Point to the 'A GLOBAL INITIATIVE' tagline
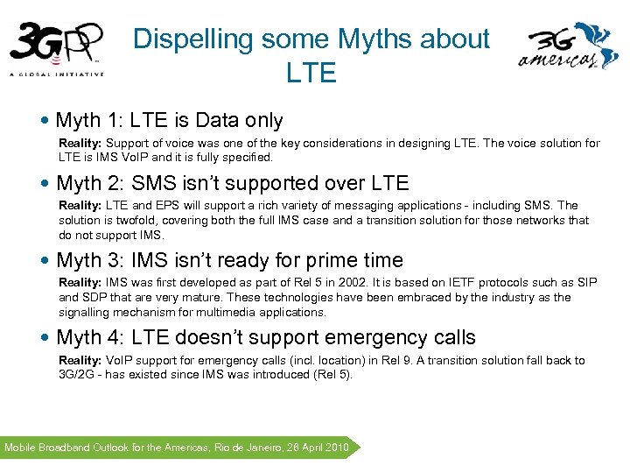click(x=57, y=74)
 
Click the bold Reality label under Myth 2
click(x=80, y=205)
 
